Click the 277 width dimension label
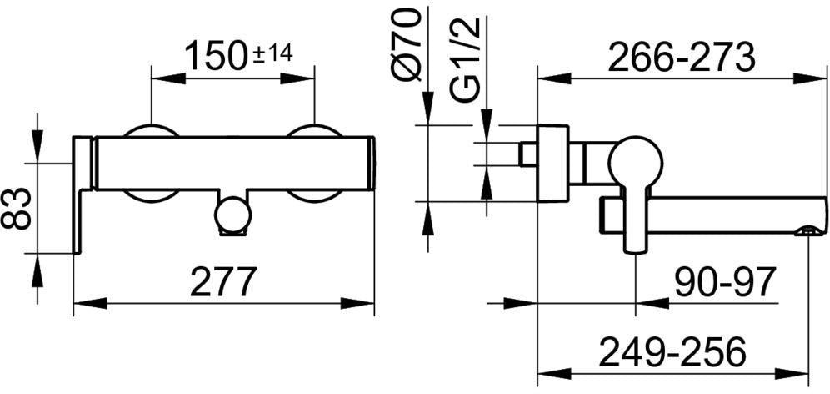(x=223, y=281)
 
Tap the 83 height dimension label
(x=17, y=209)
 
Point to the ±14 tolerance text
(x=273, y=53)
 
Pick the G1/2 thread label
(x=465, y=59)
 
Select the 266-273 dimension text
(x=681, y=58)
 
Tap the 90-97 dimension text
(x=724, y=281)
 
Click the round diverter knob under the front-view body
(x=232, y=215)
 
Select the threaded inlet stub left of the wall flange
(x=528, y=154)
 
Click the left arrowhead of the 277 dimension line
(x=90, y=303)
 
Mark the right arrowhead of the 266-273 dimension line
(x=810, y=79)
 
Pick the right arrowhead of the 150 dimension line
(x=297, y=78)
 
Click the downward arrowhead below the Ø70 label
(x=427, y=109)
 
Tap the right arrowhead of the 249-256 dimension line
(x=792, y=373)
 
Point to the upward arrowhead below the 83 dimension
(x=37, y=270)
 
